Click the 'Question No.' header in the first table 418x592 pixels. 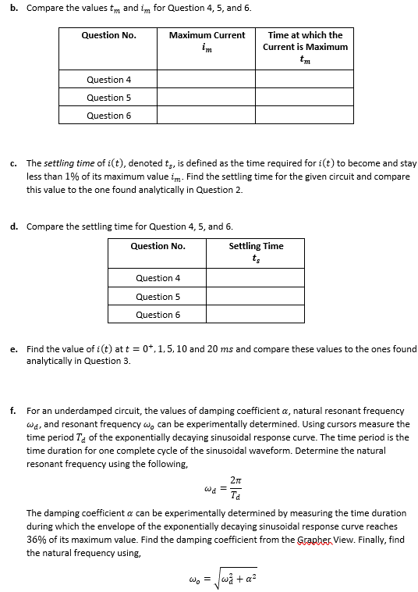pos(108,35)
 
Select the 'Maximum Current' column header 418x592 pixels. pos(207,41)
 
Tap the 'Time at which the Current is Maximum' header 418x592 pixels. pos(305,47)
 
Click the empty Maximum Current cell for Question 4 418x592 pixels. pos(207,80)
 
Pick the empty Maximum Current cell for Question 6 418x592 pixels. pos(207,116)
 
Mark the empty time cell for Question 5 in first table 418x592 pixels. pos(305,98)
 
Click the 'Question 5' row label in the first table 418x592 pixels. pos(108,98)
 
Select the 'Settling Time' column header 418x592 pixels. pos(256,251)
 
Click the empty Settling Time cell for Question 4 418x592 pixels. pos(256,278)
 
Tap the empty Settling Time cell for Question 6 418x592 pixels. pos(256,315)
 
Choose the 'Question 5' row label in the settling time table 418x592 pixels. pos(158,297)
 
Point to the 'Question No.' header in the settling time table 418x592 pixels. pos(158,246)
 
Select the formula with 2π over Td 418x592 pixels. pos(218,490)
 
